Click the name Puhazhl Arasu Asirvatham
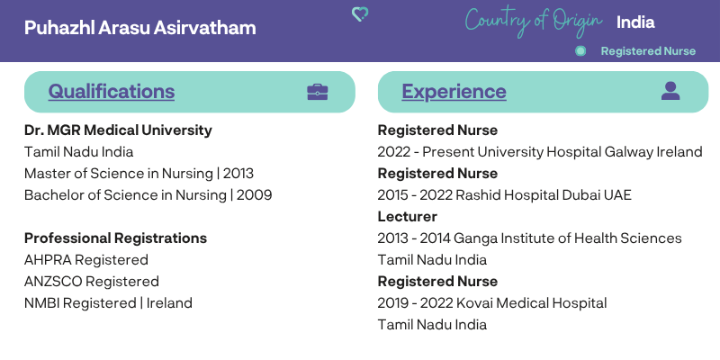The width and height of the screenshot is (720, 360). (140, 28)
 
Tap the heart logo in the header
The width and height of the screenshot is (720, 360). (359, 14)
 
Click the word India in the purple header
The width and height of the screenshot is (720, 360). (635, 22)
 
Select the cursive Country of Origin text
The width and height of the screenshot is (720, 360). (534, 22)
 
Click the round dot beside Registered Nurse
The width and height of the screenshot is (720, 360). (580, 51)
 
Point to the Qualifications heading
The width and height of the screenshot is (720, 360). (111, 92)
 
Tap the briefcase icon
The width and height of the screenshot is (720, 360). (318, 92)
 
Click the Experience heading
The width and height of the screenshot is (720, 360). (454, 92)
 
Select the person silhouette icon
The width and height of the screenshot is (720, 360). (670, 91)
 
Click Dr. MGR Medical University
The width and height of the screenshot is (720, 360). (118, 130)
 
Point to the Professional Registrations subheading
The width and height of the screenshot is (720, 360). (115, 238)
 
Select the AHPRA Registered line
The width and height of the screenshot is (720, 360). (86, 260)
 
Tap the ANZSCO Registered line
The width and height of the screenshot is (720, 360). (92, 282)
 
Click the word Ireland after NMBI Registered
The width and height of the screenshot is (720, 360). (169, 303)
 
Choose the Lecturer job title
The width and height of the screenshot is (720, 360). (408, 216)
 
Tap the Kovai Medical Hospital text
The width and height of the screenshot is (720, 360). (530, 303)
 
